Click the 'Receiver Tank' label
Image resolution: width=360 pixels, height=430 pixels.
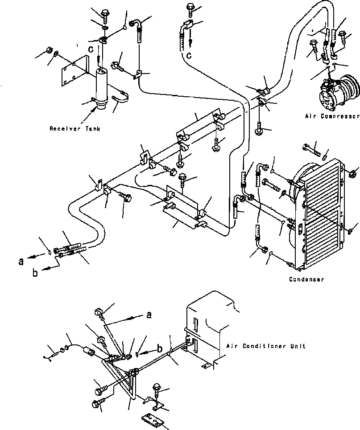[75, 129]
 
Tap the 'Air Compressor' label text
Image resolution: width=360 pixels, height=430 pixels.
[332, 116]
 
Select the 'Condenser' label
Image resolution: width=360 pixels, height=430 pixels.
[306, 279]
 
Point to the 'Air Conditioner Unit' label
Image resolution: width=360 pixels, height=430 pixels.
[266, 346]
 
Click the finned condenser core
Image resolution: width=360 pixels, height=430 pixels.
[321, 214]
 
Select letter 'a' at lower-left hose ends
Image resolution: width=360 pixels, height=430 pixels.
[21, 262]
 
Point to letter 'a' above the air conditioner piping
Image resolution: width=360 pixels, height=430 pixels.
[149, 315]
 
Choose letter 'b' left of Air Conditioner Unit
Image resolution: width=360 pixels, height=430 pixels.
[159, 349]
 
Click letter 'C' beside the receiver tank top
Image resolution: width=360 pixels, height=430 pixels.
[91, 49]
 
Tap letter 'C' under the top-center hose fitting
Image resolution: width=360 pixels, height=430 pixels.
[189, 55]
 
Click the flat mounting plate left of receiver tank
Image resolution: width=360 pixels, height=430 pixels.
[75, 71]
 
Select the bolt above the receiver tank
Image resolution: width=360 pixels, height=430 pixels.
[105, 16]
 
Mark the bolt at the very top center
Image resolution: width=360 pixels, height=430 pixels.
[190, 9]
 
